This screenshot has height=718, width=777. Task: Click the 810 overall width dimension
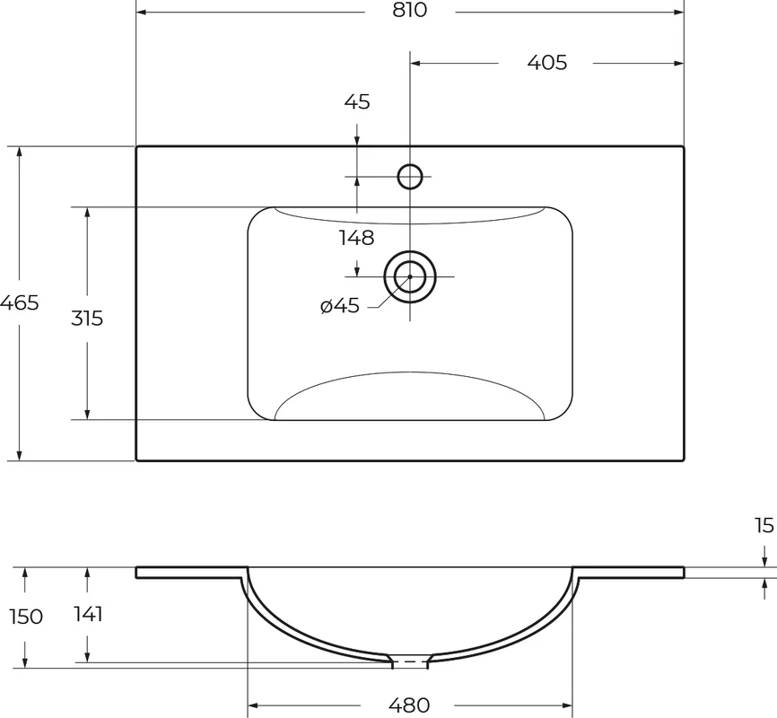[410, 10]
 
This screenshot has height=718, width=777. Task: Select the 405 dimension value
[547, 63]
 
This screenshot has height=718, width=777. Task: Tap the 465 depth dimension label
[19, 302]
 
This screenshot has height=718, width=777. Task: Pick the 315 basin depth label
[87, 319]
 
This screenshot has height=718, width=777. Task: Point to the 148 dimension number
[357, 238]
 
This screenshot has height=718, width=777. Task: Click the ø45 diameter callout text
[340, 306]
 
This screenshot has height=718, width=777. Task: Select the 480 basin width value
[409, 705]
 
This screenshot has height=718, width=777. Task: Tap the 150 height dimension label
[26, 617]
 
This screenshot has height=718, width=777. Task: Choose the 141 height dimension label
[89, 615]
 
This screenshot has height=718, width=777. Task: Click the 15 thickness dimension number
[765, 526]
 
